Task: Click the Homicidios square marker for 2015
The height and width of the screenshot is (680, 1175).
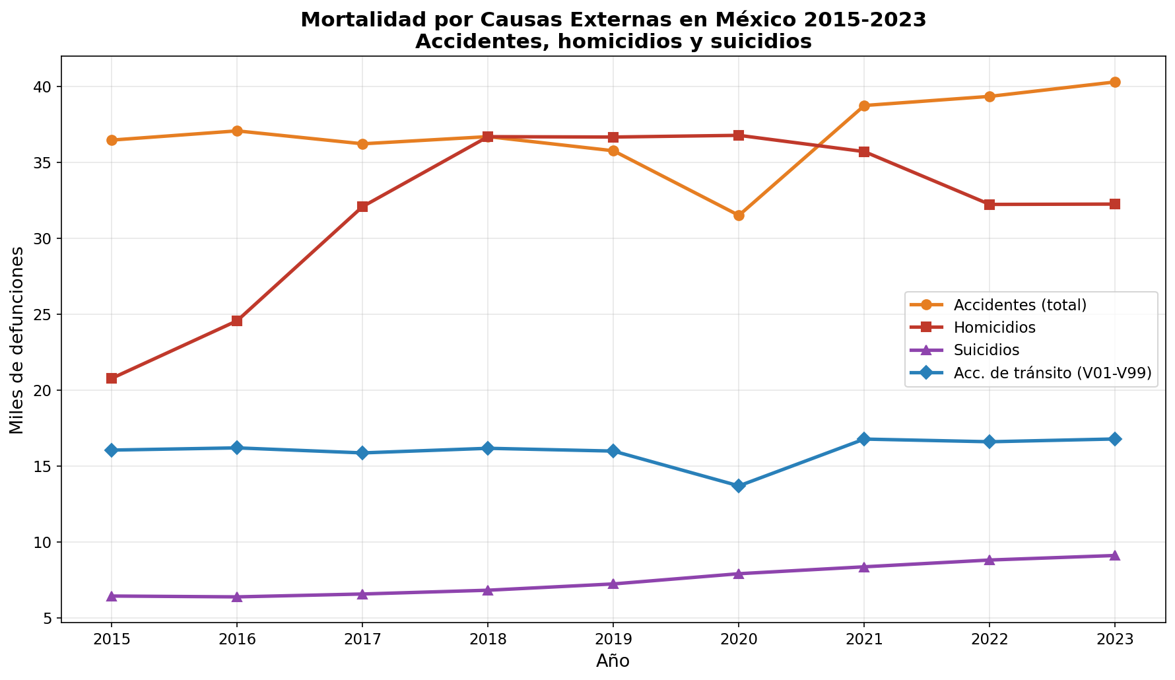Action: [112, 378]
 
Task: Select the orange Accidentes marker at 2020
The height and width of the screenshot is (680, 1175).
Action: [739, 215]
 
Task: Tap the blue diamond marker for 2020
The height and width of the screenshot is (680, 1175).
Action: [739, 486]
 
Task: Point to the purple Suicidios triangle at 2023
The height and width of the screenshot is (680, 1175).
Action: [1115, 555]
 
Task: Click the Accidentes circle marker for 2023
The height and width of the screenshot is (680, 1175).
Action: [1115, 82]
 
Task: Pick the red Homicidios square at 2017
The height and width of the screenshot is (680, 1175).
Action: [362, 207]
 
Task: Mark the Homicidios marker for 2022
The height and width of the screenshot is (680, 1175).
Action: [990, 205]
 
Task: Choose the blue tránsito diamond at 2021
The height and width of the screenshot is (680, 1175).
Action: [864, 439]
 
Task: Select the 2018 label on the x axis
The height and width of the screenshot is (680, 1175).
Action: [488, 640]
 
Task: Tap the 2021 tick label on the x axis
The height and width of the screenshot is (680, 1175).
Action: [864, 640]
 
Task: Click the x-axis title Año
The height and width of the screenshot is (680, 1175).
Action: [613, 661]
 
